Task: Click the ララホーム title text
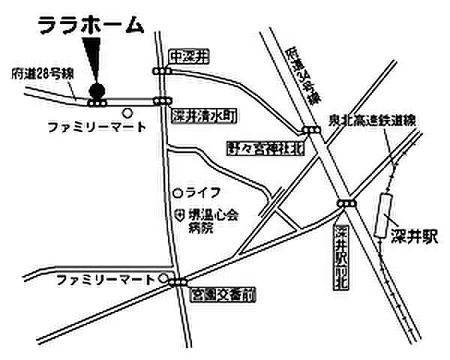(90, 25)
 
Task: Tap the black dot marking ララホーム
(96, 91)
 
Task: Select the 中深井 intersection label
(187, 55)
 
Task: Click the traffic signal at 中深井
(160, 71)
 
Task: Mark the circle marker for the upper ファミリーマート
(127, 113)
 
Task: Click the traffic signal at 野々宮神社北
(310, 130)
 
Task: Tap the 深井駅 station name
(414, 237)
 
